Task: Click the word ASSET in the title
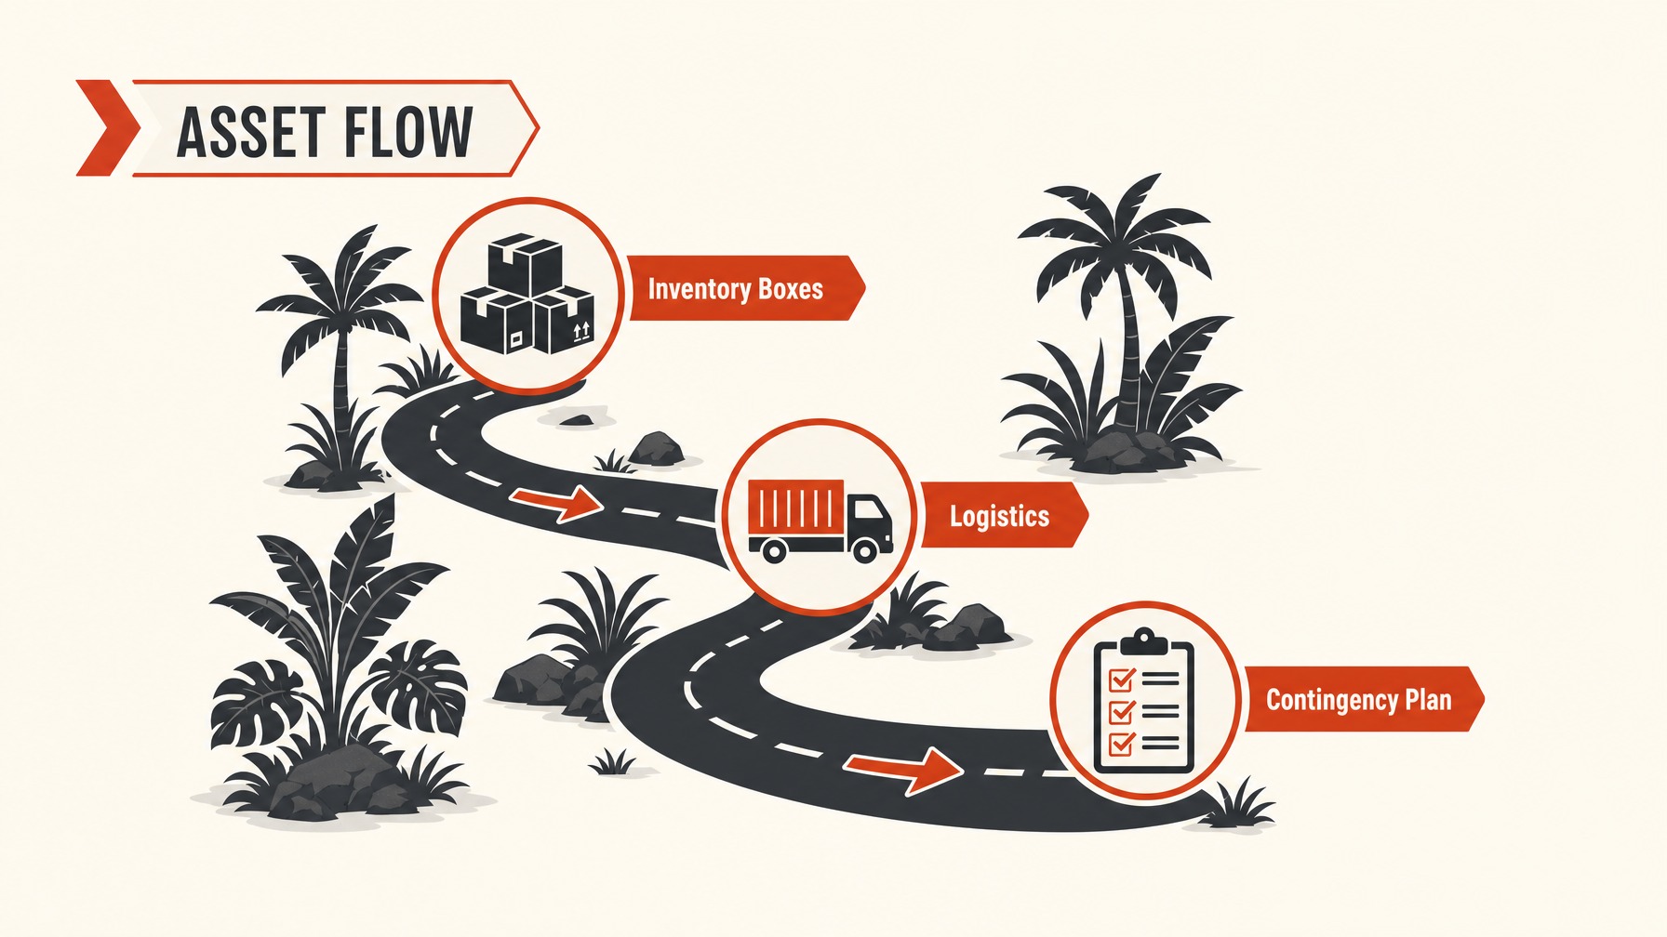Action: click(x=251, y=131)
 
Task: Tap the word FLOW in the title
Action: click(x=408, y=131)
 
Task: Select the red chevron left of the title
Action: click(x=106, y=128)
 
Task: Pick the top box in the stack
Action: click(x=526, y=261)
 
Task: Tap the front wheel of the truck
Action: click(x=864, y=550)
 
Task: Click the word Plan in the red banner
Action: click(x=1428, y=699)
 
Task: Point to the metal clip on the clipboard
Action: click(x=1143, y=640)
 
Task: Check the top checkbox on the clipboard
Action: click(x=1121, y=680)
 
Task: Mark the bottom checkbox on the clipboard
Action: click(x=1121, y=744)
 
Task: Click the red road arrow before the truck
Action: click(x=556, y=503)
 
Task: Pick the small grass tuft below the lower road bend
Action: click(x=613, y=761)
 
